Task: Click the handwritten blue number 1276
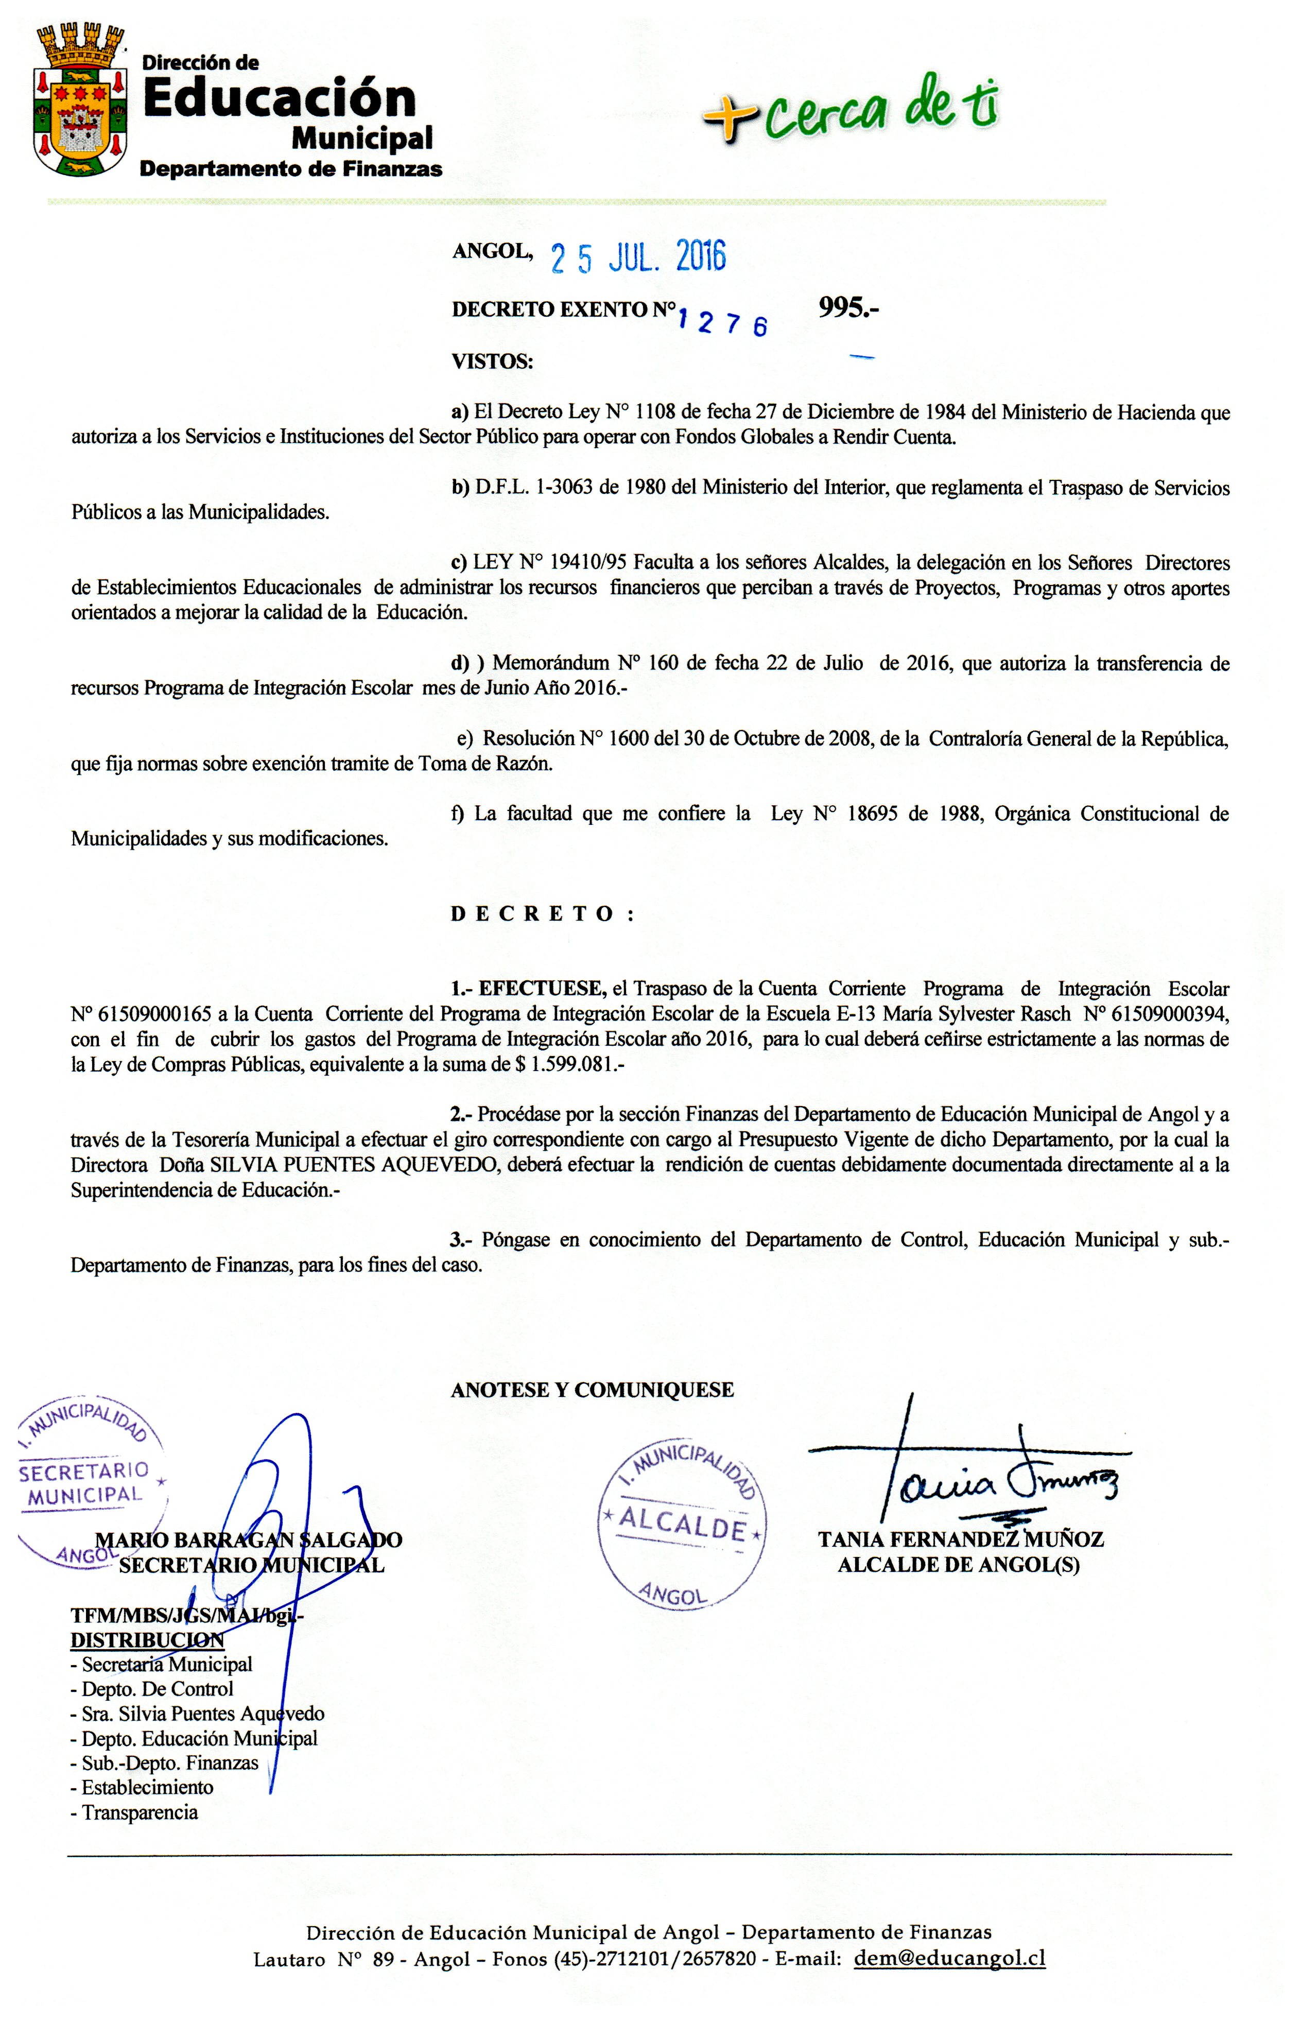722,321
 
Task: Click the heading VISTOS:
493,361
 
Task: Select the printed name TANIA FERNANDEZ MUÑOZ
961,1539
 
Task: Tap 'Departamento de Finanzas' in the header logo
290,169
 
